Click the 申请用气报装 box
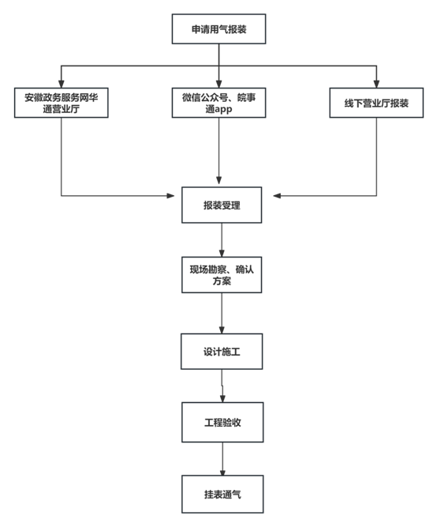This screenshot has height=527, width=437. click(218, 29)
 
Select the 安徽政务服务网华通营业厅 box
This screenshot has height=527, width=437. click(61, 103)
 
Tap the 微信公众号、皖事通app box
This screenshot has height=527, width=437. click(218, 103)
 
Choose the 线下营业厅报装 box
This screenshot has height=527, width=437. click(376, 103)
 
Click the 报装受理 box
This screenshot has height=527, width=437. click(222, 205)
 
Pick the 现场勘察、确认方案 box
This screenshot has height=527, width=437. click(222, 275)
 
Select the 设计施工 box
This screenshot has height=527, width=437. click(222, 352)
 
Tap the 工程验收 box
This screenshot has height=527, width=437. click(222, 422)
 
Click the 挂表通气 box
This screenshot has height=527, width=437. click(222, 494)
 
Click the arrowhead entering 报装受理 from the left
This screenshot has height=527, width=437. click(171, 196)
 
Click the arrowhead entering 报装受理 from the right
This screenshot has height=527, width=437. click(277, 196)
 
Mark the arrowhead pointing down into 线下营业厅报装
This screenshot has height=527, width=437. click(376, 84)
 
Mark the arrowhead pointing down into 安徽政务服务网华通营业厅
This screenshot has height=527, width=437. click(61, 84)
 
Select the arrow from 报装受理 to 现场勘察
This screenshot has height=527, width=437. click(222, 240)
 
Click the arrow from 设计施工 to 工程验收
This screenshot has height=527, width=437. click(222, 386)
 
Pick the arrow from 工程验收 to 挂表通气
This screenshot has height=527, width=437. click(222, 459)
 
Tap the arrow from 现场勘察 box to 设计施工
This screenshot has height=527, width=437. click(222, 313)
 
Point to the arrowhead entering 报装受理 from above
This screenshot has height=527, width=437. click(218, 180)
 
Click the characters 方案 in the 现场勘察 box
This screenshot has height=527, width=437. click(222, 281)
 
